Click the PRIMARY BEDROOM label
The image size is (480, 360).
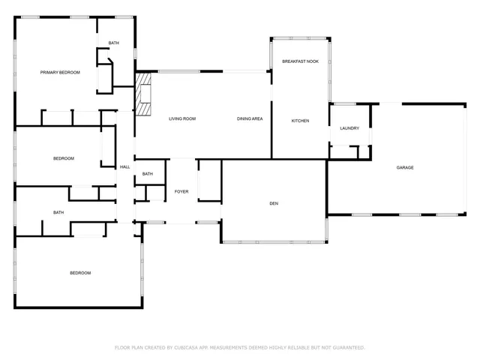pyautogui.click(x=60, y=73)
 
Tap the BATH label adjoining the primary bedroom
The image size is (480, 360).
pyautogui.click(x=113, y=43)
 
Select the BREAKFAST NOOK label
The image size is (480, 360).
pyautogui.click(x=300, y=61)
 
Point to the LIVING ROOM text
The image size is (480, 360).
pyautogui.click(x=181, y=119)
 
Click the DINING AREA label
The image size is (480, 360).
pyautogui.click(x=249, y=119)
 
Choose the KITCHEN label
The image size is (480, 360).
pyautogui.click(x=300, y=121)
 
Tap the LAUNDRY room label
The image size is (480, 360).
pyautogui.click(x=349, y=128)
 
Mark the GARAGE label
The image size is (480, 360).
pyautogui.click(x=405, y=167)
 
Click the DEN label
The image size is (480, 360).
pyautogui.click(x=274, y=202)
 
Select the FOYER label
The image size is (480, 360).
pyautogui.click(x=181, y=192)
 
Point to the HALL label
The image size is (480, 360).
pyautogui.click(x=124, y=167)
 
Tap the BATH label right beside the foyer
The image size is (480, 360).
pyautogui.click(x=148, y=174)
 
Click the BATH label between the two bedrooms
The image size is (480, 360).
pyautogui.click(x=58, y=212)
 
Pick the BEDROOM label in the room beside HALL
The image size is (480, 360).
pyautogui.click(x=64, y=158)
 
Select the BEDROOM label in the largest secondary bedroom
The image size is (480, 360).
pyautogui.click(x=80, y=273)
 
